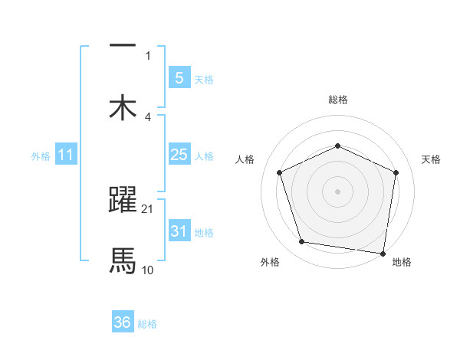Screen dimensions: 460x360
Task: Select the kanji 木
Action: pos(123,107)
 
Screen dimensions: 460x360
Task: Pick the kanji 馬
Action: pos(123,260)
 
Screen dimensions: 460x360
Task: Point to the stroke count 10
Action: pos(148,270)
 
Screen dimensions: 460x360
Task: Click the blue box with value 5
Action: pos(179,77)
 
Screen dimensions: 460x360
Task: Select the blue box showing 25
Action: pos(179,155)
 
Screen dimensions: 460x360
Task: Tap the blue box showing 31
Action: pos(179,231)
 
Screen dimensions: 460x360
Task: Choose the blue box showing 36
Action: pos(123,322)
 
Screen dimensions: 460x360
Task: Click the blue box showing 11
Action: pos(66,155)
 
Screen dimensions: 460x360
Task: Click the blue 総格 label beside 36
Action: pos(147,324)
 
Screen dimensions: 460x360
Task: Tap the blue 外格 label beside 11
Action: pos(41,156)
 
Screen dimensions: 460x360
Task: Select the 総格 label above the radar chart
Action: pos(337,100)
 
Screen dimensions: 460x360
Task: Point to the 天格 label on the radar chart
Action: pos(431,159)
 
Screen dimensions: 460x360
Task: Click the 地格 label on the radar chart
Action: pos(402,263)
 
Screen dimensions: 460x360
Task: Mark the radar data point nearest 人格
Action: pos(279,172)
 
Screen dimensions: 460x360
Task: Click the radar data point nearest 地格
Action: pos(383,253)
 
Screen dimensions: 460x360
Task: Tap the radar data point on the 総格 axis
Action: pos(337,146)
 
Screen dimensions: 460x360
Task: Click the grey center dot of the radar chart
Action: pos(337,191)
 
